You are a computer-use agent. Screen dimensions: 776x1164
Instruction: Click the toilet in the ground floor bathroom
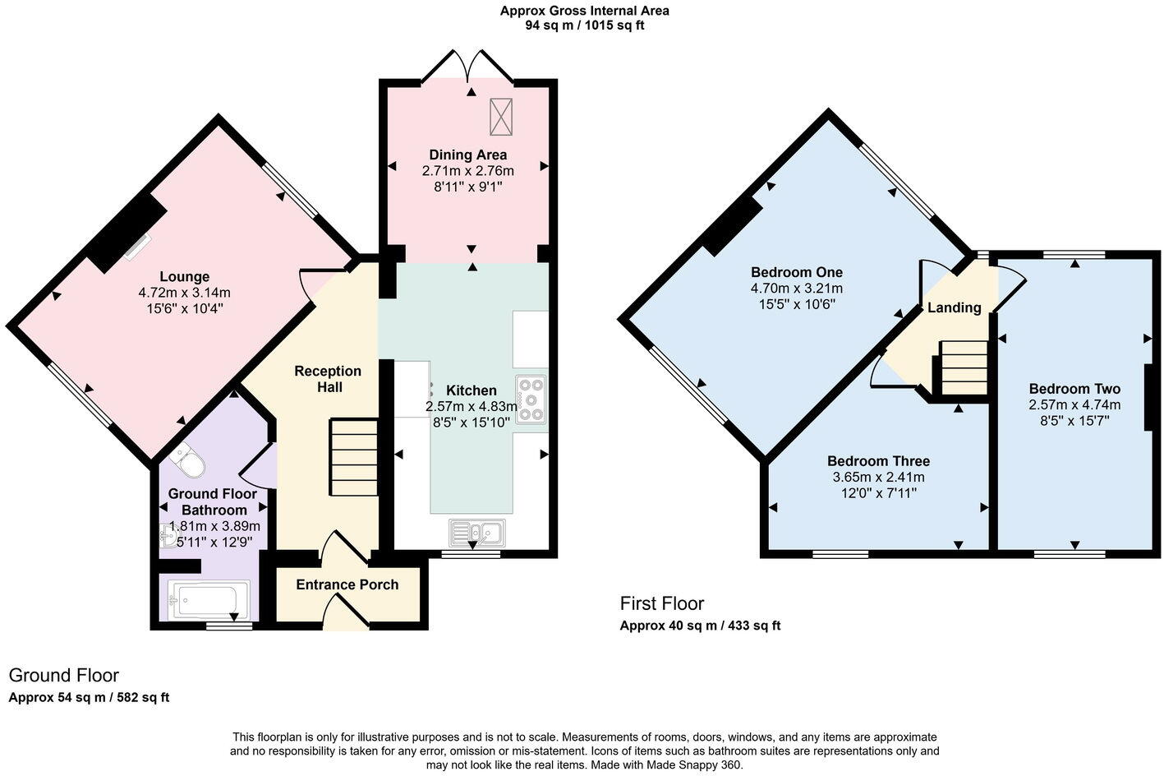188,462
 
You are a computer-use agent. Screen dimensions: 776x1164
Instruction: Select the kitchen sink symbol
477,533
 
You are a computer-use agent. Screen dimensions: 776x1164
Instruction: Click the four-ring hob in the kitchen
531,399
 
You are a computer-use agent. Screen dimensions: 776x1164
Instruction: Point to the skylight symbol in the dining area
500,117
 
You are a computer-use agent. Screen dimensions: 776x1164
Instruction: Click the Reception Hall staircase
354,457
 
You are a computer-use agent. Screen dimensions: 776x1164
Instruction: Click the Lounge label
184,277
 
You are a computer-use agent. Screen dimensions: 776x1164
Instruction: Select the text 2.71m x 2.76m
467,171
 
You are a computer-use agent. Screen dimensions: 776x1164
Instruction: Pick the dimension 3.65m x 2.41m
878,477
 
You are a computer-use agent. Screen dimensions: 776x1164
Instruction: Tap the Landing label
954,307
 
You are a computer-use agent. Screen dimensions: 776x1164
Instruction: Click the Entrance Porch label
347,584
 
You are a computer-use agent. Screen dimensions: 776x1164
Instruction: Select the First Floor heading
662,603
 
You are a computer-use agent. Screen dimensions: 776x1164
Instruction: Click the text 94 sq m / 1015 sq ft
584,25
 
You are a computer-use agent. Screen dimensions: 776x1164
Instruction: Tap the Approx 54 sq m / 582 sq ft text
89,698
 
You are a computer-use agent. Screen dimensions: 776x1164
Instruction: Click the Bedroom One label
796,272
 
